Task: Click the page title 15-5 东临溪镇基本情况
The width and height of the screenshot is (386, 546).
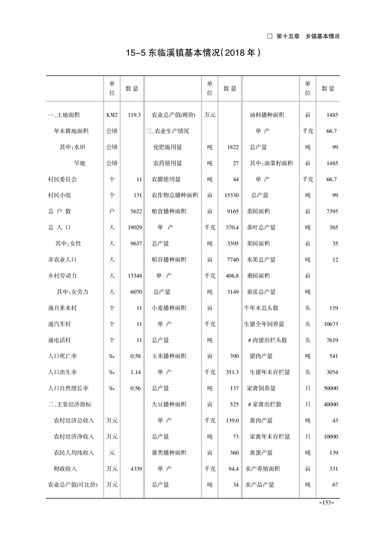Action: [193, 53]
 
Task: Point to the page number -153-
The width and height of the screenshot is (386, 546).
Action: [325, 503]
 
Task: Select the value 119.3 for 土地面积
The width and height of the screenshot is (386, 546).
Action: [134, 115]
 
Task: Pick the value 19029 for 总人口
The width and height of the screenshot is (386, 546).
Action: [132, 228]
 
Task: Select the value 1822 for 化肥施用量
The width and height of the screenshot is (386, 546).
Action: [233, 147]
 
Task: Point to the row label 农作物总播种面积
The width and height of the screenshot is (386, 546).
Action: [175, 196]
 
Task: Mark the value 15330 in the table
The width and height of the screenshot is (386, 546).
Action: [231, 196]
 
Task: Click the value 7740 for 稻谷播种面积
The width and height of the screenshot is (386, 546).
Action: [233, 260]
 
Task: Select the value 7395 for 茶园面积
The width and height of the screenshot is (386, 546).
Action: [331, 212]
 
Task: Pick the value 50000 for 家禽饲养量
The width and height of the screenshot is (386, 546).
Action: [331, 388]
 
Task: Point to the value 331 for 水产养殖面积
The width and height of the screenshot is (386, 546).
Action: [333, 469]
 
